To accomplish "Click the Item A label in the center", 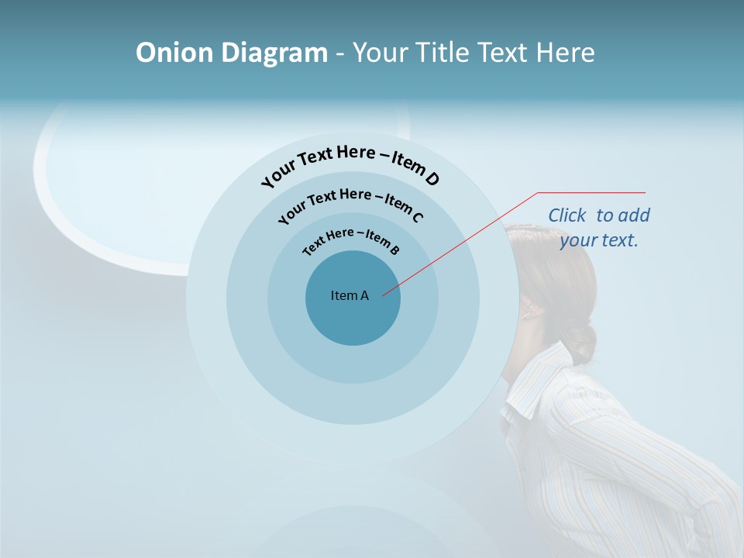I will click(x=350, y=295).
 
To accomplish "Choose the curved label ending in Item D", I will click(x=350, y=164).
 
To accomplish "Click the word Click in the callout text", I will click(x=568, y=215).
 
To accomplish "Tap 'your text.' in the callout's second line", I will click(x=599, y=240).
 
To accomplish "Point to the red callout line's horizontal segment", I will click(x=591, y=192).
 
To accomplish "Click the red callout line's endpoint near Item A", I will click(x=383, y=294).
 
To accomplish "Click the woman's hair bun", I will click(x=583, y=341).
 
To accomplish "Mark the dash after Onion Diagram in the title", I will click(x=340, y=53).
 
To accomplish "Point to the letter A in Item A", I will click(x=364, y=295).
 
